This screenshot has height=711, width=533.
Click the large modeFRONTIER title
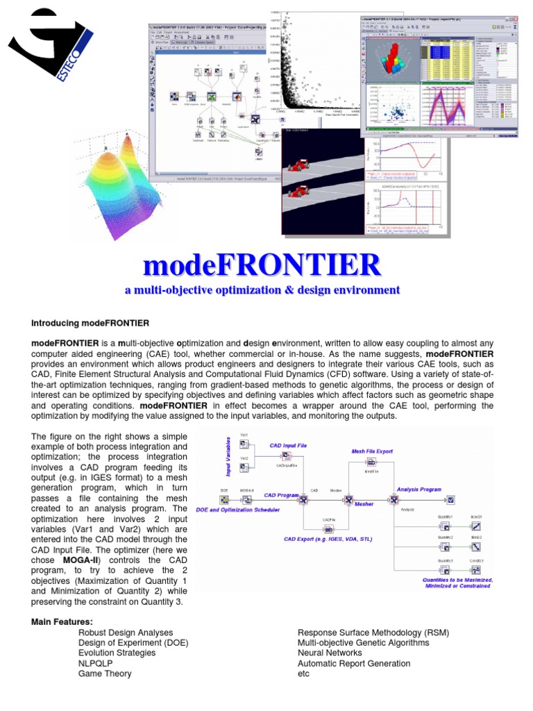[x=262, y=266]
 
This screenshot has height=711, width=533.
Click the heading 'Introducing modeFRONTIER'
[x=90, y=323]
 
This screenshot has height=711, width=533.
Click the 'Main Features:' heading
[x=62, y=621]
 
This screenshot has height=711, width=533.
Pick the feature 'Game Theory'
[x=105, y=673]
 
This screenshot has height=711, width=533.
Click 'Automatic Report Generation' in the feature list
[x=353, y=663]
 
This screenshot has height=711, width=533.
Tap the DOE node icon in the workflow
[x=224, y=499]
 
